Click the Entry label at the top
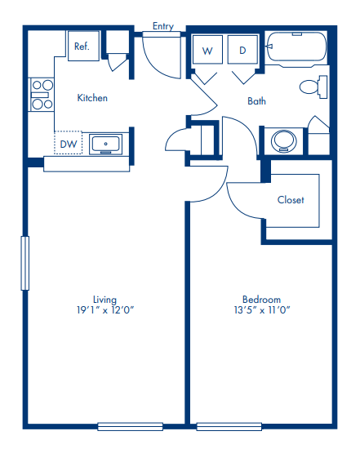point(163,26)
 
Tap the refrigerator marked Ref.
point(82,47)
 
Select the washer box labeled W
point(207,51)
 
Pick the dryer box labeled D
point(242,51)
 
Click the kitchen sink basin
point(106,144)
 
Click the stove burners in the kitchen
point(41,95)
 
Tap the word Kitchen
point(92,98)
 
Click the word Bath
point(257,101)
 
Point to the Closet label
point(291,200)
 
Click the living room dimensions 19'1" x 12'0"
point(104,310)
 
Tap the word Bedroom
point(261,299)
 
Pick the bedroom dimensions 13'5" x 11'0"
point(261,310)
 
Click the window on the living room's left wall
point(24,263)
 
